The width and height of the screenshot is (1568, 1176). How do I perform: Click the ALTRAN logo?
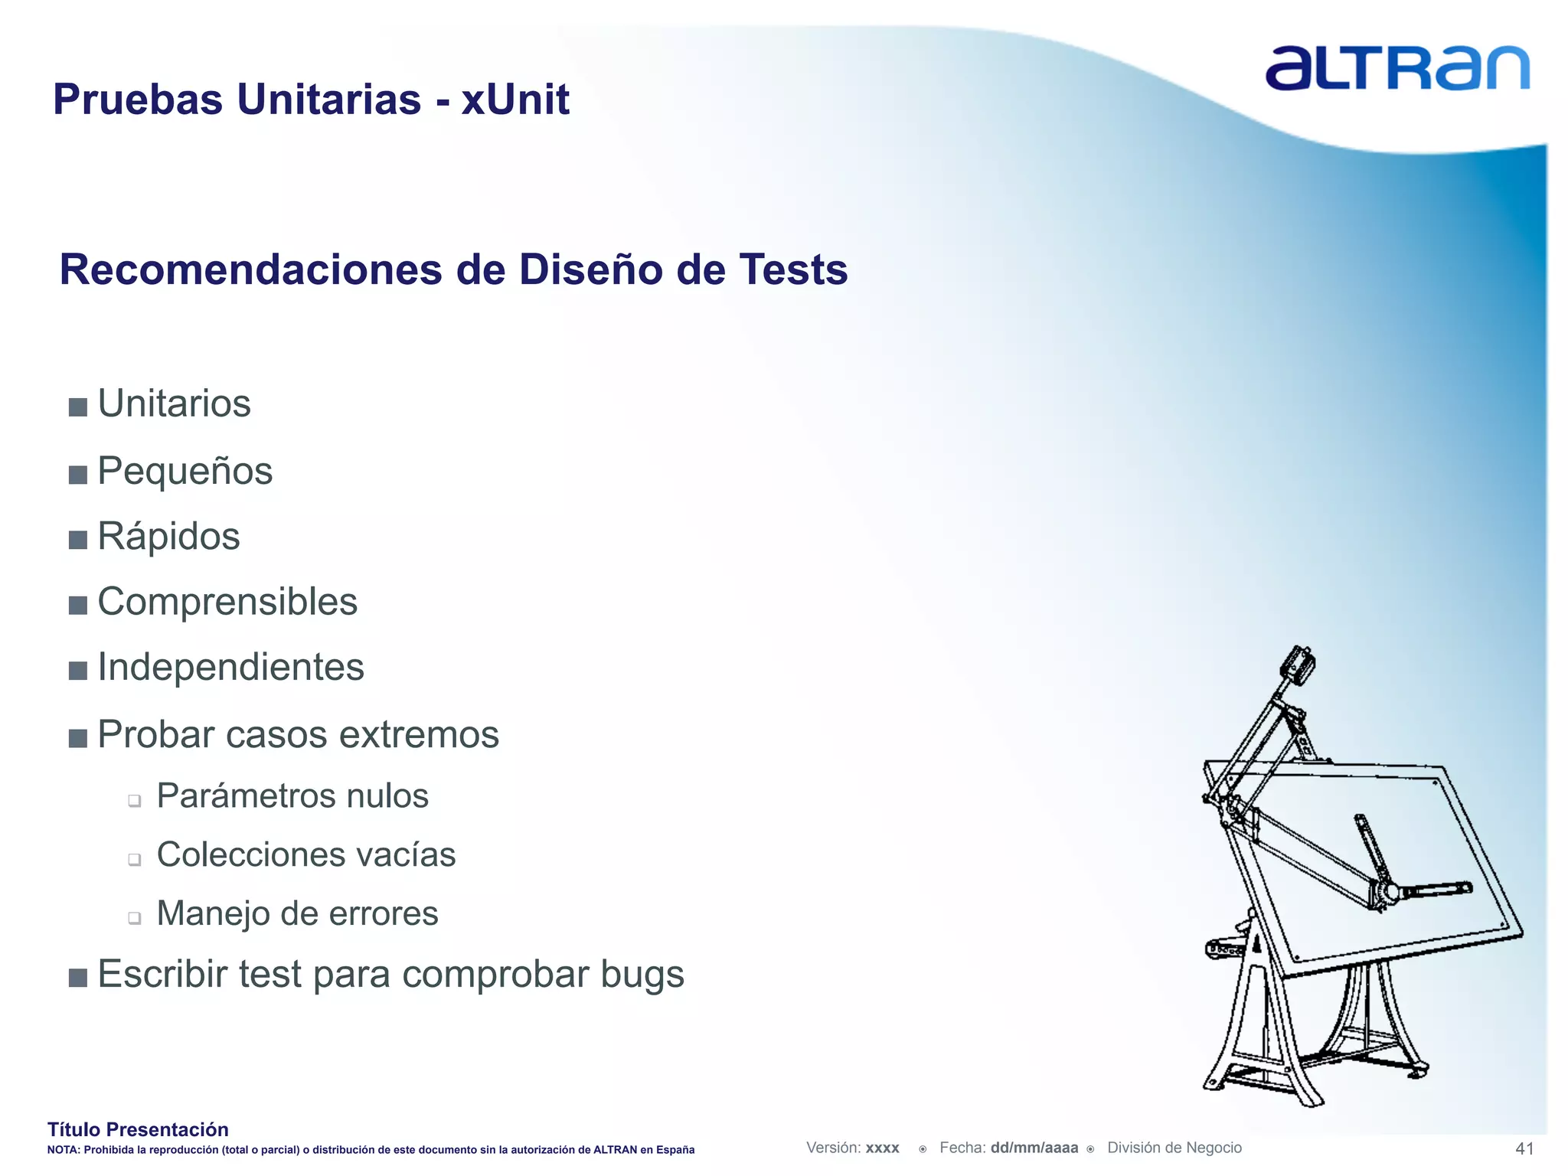[x=1396, y=68]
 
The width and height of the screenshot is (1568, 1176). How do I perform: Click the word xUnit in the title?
[x=514, y=100]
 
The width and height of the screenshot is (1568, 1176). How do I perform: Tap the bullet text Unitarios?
[x=174, y=403]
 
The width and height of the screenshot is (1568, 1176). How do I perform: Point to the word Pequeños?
[x=185, y=471]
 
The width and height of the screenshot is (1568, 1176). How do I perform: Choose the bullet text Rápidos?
[x=168, y=536]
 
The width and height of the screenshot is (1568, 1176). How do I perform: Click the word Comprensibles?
[x=227, y=602]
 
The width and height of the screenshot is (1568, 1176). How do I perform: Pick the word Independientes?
[x=230, y=667]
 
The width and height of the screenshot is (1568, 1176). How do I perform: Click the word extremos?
[x=419, y=734]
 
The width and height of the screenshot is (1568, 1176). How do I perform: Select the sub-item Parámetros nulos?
[x=292, y=796]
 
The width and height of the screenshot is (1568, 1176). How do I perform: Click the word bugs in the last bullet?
[x=642, y=975]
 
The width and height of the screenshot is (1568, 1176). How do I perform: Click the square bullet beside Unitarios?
[x=77, y=407]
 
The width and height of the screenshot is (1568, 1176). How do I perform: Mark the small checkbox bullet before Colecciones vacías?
[x=135, y=860]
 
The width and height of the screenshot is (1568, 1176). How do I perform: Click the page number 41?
[x=1524, y=1148]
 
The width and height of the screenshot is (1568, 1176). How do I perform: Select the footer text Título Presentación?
[x=138, y=1129]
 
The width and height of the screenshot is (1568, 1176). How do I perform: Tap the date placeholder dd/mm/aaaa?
[x=1034, y=1148]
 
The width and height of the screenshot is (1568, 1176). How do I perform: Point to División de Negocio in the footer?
[x=1174, y=1148]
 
